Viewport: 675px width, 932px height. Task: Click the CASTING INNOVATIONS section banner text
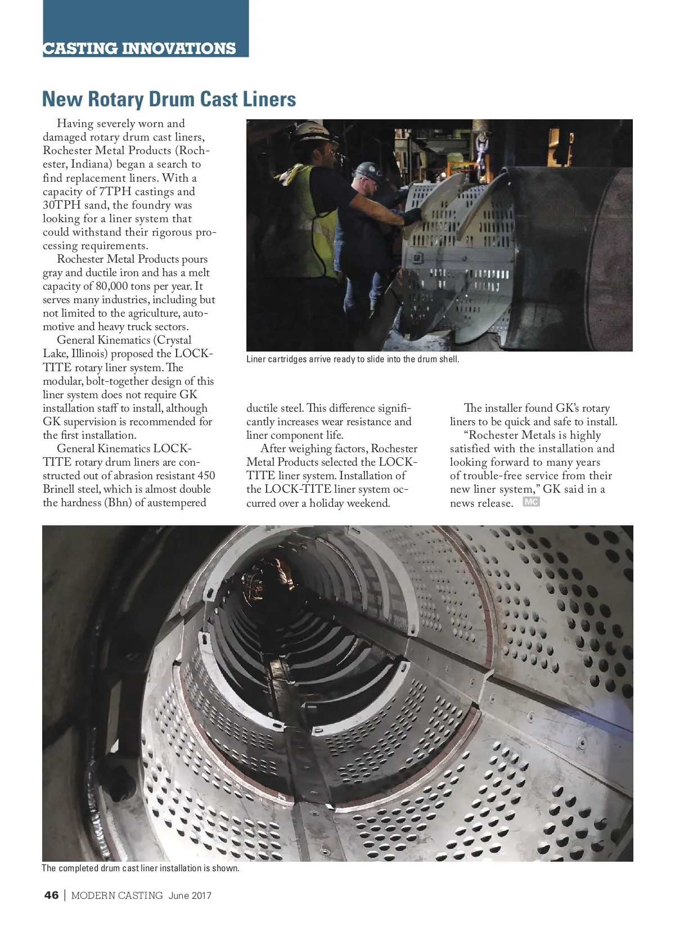pyautogui.click(x=139, y=48)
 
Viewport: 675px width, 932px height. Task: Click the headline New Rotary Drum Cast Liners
pyautogui.click(x=169, y=100)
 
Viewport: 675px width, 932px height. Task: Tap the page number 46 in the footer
pyautogui.click(x=51, y=895)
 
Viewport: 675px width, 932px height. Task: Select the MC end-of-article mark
pyautogui.click(x=531, y=502)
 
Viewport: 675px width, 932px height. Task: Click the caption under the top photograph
pyautogui.click(x=353, y=359)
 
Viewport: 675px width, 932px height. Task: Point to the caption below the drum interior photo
pyautogui.click(x=141, y=868)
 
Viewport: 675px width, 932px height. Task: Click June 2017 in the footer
pyautogui.click(x=190, y=895)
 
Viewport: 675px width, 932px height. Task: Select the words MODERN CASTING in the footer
pyautogui.click(x=117, y=895)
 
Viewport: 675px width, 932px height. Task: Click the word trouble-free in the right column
pyautogui.click(x=492, y=476)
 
